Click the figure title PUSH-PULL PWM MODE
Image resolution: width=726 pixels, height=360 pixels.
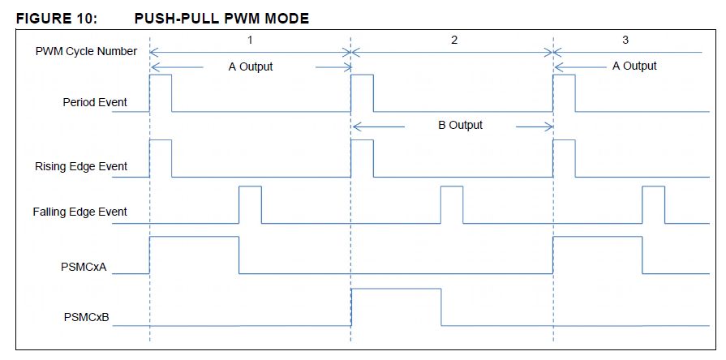point(221,19)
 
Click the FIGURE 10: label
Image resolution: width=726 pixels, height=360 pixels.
point(57,19)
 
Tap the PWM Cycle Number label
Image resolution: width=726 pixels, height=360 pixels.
point(86,51)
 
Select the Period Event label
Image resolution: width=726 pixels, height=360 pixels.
point(95,102)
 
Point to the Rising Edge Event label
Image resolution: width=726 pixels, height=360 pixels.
point(81,166)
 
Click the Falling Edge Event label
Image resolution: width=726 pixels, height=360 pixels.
point(80,212)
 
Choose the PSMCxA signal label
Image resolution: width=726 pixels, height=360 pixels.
point(84,268)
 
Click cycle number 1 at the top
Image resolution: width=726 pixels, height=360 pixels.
point(250,41)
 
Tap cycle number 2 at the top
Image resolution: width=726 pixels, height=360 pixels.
point(453,41)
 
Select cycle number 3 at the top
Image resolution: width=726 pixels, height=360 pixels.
point(625,41)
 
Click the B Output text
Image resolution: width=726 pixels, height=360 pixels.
point(460,126)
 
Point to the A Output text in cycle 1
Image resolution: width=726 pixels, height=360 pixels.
point(251,67)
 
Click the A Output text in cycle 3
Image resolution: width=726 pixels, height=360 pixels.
point(634,66)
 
